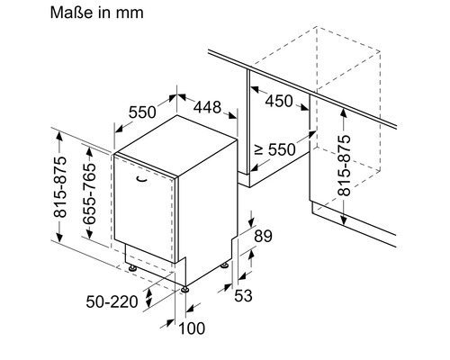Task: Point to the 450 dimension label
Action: point(278,101)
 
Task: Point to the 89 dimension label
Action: point(263,237)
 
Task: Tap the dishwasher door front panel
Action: point(145,207)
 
